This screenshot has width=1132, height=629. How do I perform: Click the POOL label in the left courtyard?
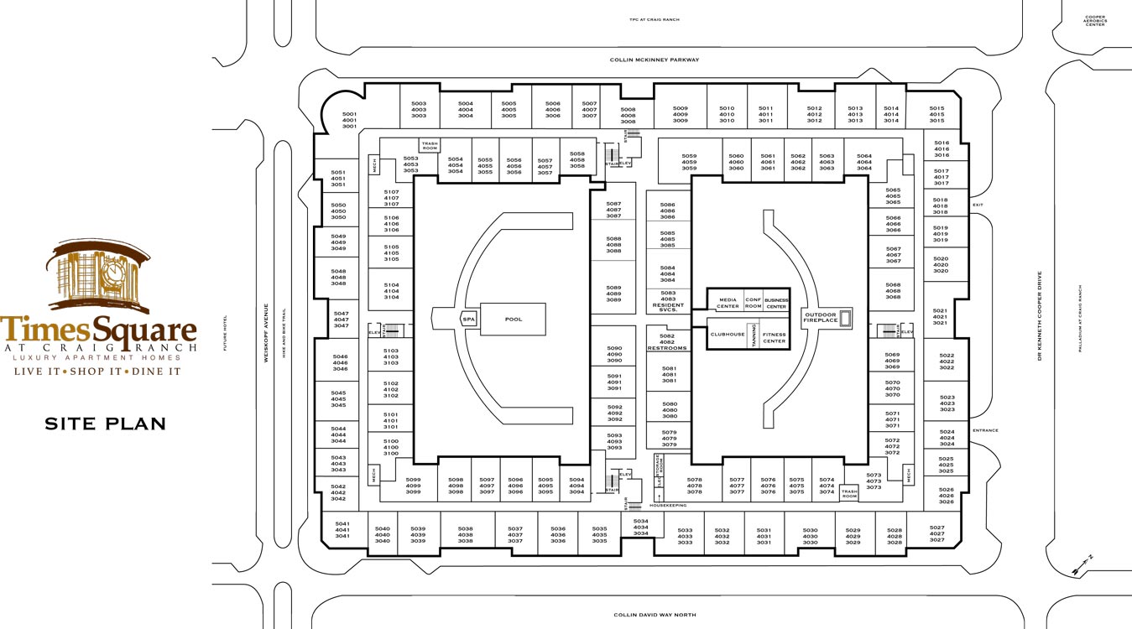pyautogui.click(x=513, y=320)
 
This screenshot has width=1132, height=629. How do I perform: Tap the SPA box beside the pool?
pyautogui.click(x=468, y=320)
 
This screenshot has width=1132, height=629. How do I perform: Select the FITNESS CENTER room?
pyautogui.click(x=774, y=338)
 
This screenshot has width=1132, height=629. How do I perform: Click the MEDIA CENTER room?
pyautogui.click(x=728, y=303)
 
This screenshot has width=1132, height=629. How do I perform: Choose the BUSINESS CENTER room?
pyautogui.click(x=776, y=303)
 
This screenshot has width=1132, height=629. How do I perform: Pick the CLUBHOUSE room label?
pyautogui.click(x=728, y=334)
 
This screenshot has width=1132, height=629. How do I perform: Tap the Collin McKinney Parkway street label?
pyautogui.click(x=654, y=60)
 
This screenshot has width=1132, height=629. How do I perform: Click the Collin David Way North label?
pyautogui.click(x=655, y=615)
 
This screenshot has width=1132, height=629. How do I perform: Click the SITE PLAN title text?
pyautogui.click(x=105, y=424)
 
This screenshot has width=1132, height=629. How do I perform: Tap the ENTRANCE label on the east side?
pyautogui.click(x=985, y=430)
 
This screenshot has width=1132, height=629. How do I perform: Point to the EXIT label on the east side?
pyautogui.click(x=978, y=205)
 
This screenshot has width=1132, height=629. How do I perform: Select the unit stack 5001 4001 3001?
pyautogui.click(x=349, y=120)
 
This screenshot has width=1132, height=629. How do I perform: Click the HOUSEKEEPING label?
pyautogui.click(x=668, y=505)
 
